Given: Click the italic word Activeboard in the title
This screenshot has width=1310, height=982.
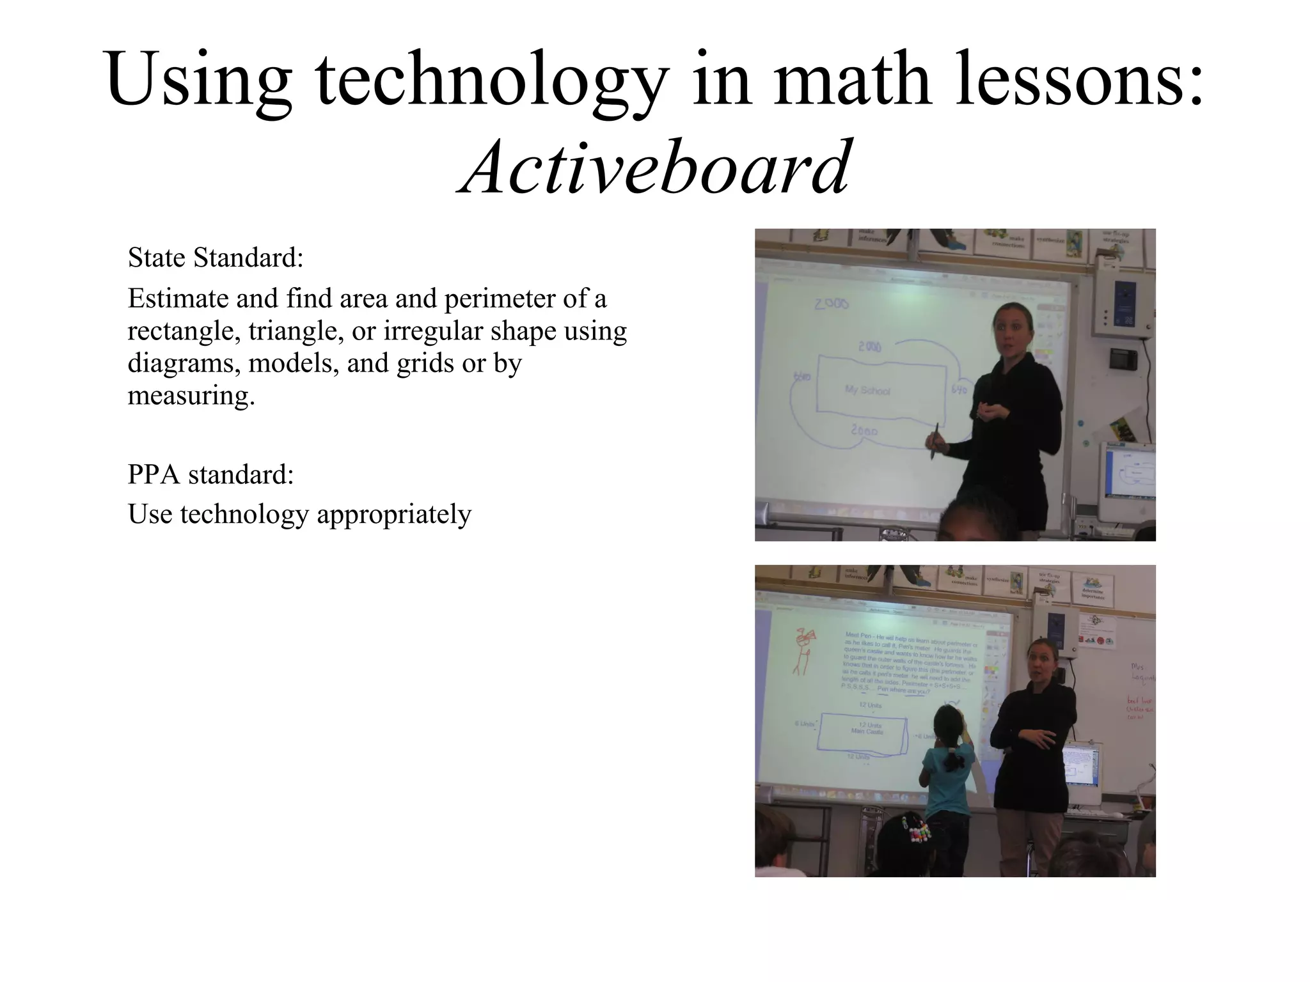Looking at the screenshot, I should (654, 168).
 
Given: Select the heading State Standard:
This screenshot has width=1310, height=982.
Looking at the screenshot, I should (216, 258).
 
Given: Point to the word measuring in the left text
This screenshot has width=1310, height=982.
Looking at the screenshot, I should (191, 395).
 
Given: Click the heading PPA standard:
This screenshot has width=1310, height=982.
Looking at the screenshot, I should (210, 474).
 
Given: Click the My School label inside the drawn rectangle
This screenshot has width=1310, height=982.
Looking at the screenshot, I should (867, 390).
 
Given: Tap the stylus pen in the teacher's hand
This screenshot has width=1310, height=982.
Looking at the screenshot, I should (935, 441).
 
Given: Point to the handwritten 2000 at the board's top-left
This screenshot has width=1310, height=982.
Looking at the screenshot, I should (831, 304).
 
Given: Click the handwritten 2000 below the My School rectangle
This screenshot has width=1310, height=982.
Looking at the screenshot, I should (864, 430).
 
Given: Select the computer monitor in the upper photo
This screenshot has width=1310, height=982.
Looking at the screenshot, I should (1127, 476).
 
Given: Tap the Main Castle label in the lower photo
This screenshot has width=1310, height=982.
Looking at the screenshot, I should (867, 730).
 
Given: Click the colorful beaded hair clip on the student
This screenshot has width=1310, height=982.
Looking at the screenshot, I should (917, 831).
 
